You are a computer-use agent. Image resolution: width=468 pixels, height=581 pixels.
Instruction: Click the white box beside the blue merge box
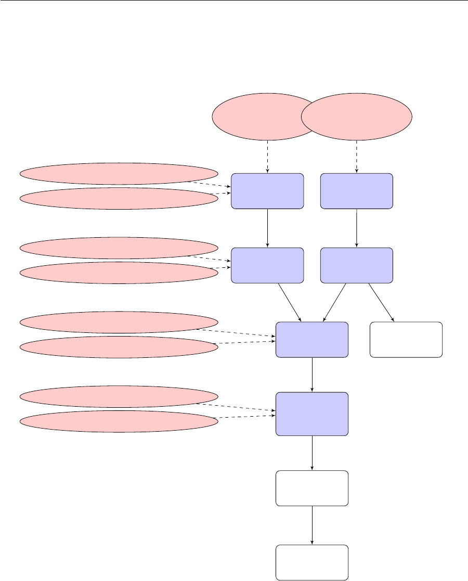[406, 340]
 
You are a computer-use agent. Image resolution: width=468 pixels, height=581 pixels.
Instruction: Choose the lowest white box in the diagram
[311, 562]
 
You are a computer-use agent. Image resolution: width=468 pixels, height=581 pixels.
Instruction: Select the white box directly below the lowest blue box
[311, 488]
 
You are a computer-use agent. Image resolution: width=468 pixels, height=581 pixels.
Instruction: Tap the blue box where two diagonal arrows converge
[311, 340]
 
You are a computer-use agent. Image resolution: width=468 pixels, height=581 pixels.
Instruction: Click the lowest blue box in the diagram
[311, 414]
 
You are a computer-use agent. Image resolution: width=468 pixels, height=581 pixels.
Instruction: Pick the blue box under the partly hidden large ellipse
[267, 191]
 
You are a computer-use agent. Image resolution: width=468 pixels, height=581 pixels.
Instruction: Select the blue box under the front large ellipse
[357, 191]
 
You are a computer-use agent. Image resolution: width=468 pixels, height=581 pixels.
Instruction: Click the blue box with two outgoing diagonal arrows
[357, 265]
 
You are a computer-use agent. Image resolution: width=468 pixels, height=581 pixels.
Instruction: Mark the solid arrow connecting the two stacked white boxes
[312, 525]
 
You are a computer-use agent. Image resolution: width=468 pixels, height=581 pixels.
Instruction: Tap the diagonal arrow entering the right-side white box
[381, 303]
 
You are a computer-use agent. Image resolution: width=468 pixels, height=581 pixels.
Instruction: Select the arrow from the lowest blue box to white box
[312, 453]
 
